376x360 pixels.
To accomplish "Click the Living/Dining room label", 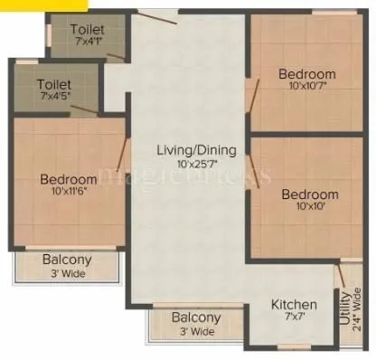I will pyautogui.click(x=195, y=149).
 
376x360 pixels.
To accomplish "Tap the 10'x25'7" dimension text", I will pyautogui.click(x=195, y=164).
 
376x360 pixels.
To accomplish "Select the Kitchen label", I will pyautogui.click(x=295, y=305).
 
